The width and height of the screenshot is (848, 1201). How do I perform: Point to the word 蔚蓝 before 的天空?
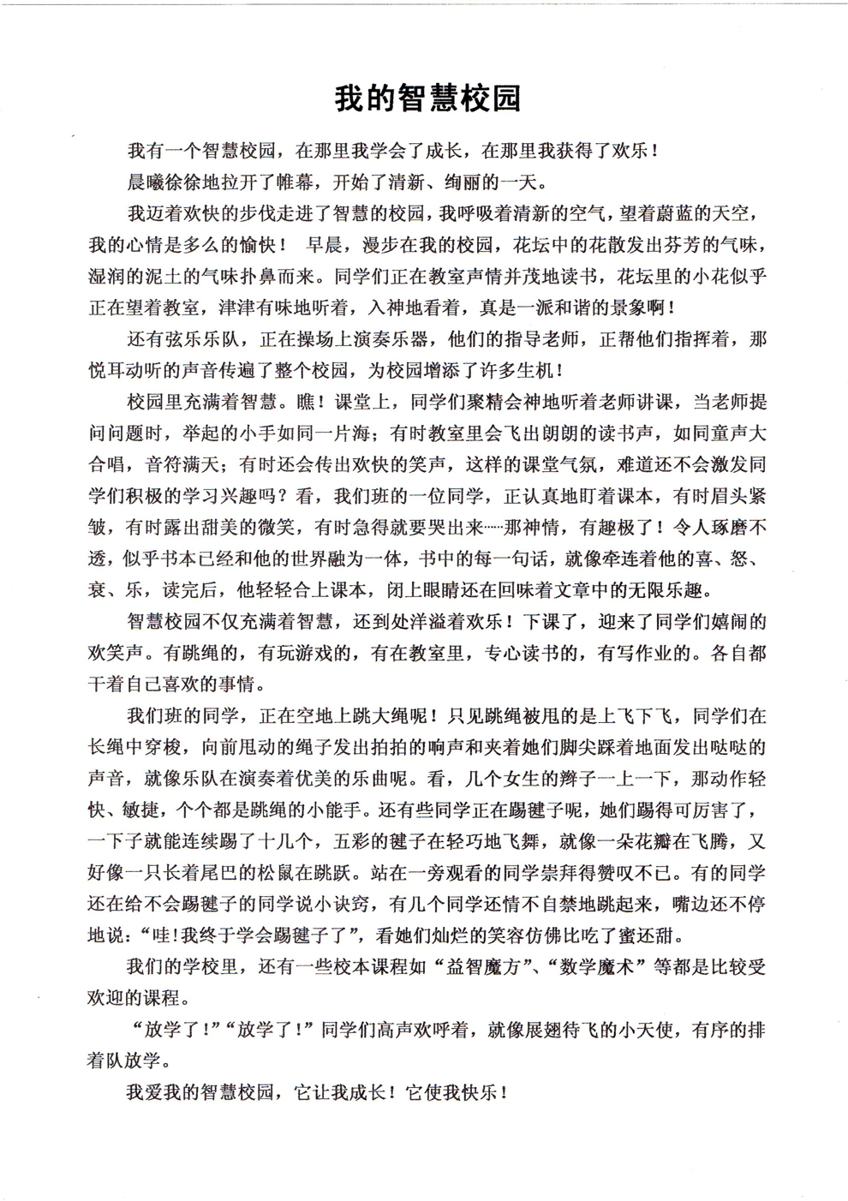659,212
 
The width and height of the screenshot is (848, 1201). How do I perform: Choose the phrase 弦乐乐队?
201,339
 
